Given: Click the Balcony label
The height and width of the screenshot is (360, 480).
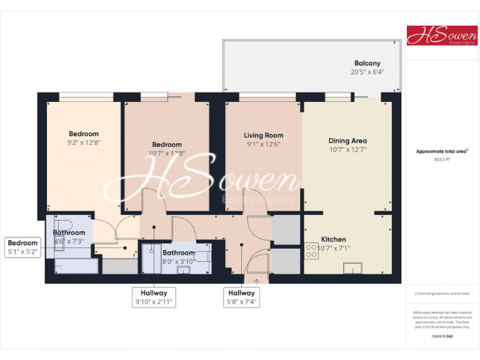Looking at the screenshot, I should pos(367,63).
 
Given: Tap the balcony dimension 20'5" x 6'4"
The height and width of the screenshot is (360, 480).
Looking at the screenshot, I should pos(367,72).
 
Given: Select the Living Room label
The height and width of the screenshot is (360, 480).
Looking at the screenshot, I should pos(263,135).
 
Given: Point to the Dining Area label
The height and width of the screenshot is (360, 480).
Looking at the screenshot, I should pos(347,141).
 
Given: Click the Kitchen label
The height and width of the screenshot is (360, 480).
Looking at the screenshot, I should pos(333,239).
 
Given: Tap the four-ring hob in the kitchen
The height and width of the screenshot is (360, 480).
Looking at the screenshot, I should pos(311,251).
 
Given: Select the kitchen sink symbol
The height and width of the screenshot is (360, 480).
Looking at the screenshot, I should pos(353,269).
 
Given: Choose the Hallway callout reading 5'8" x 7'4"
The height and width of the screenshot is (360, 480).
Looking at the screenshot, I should pos(241,297).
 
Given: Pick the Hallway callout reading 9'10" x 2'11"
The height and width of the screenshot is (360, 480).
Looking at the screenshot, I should pos(154,297).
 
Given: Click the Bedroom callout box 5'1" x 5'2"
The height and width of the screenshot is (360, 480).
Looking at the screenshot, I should pos(23,247).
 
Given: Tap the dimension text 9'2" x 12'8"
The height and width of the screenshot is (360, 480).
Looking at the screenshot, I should pos(84,142).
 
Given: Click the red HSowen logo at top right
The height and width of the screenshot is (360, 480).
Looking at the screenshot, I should pos(442,36).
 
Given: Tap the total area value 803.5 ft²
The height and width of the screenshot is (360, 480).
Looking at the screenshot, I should pos(442,159).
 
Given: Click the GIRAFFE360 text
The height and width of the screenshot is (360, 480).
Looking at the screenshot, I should pos(442,337).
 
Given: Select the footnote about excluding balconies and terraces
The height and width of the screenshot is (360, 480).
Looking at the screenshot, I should pos(442,293).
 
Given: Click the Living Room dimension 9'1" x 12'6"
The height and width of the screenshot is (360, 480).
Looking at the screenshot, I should pos(263,144).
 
